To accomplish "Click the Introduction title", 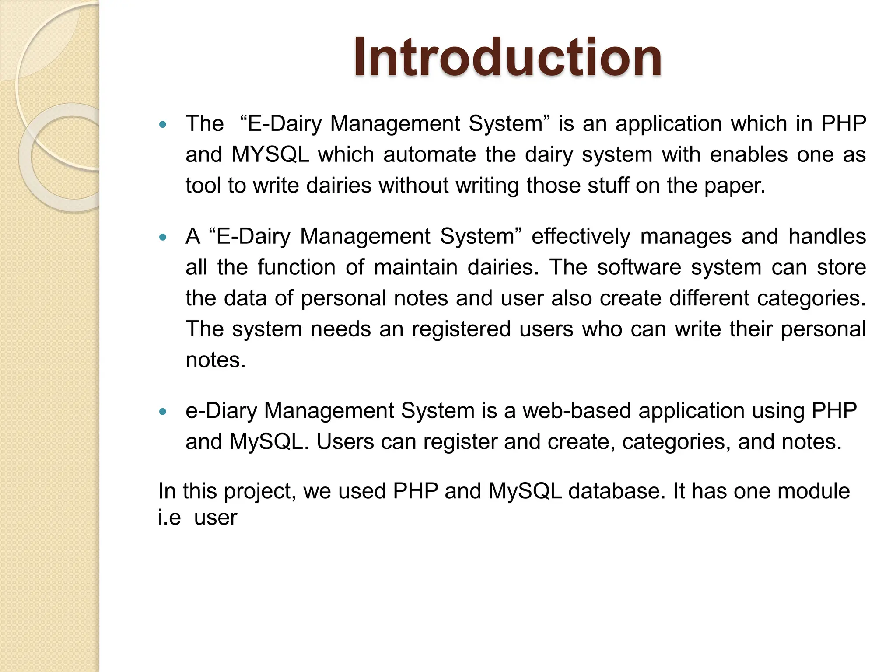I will (x=507, y=57).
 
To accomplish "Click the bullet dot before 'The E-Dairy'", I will (x=163, y=125).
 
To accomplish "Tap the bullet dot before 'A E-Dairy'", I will (x=163, y=238).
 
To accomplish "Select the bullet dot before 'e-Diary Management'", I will (x=163, y=412).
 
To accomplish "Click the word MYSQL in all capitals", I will (x=270, y=154).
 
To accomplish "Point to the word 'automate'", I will (x=429, y=154).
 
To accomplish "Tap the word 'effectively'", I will (x=581, y=237).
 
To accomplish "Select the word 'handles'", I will (x=826, y=237).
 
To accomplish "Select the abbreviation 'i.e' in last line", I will (x=169, y=518).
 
